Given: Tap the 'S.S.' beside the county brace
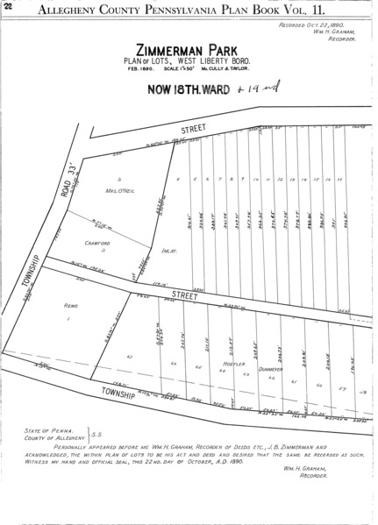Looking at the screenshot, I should pos(98,436).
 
